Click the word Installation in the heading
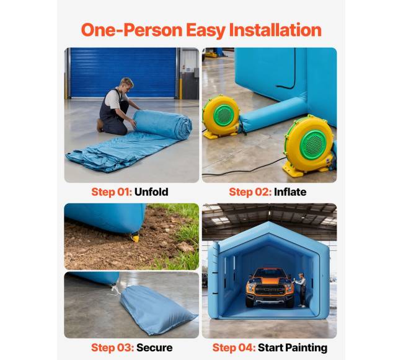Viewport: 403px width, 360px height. pos(275,30)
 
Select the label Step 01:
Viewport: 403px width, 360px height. pos(112,192)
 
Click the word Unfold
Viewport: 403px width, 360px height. pos(151,192)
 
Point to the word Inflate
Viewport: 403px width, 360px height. pos(290,192)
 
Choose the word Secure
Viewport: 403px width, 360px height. pos(154,348)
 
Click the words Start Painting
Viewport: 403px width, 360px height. pos(293,348)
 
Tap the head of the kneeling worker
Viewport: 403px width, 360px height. pos(126,84)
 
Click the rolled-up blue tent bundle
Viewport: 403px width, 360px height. pos(162,124)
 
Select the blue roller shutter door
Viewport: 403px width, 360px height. pos(123,72)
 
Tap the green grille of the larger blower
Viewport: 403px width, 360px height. pos(313,143)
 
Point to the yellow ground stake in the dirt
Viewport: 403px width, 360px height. pos(135,237)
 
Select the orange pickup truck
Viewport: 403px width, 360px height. pos(270,288)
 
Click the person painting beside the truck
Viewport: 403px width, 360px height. pos(302,289)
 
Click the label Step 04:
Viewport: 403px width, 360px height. pos(234,348)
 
